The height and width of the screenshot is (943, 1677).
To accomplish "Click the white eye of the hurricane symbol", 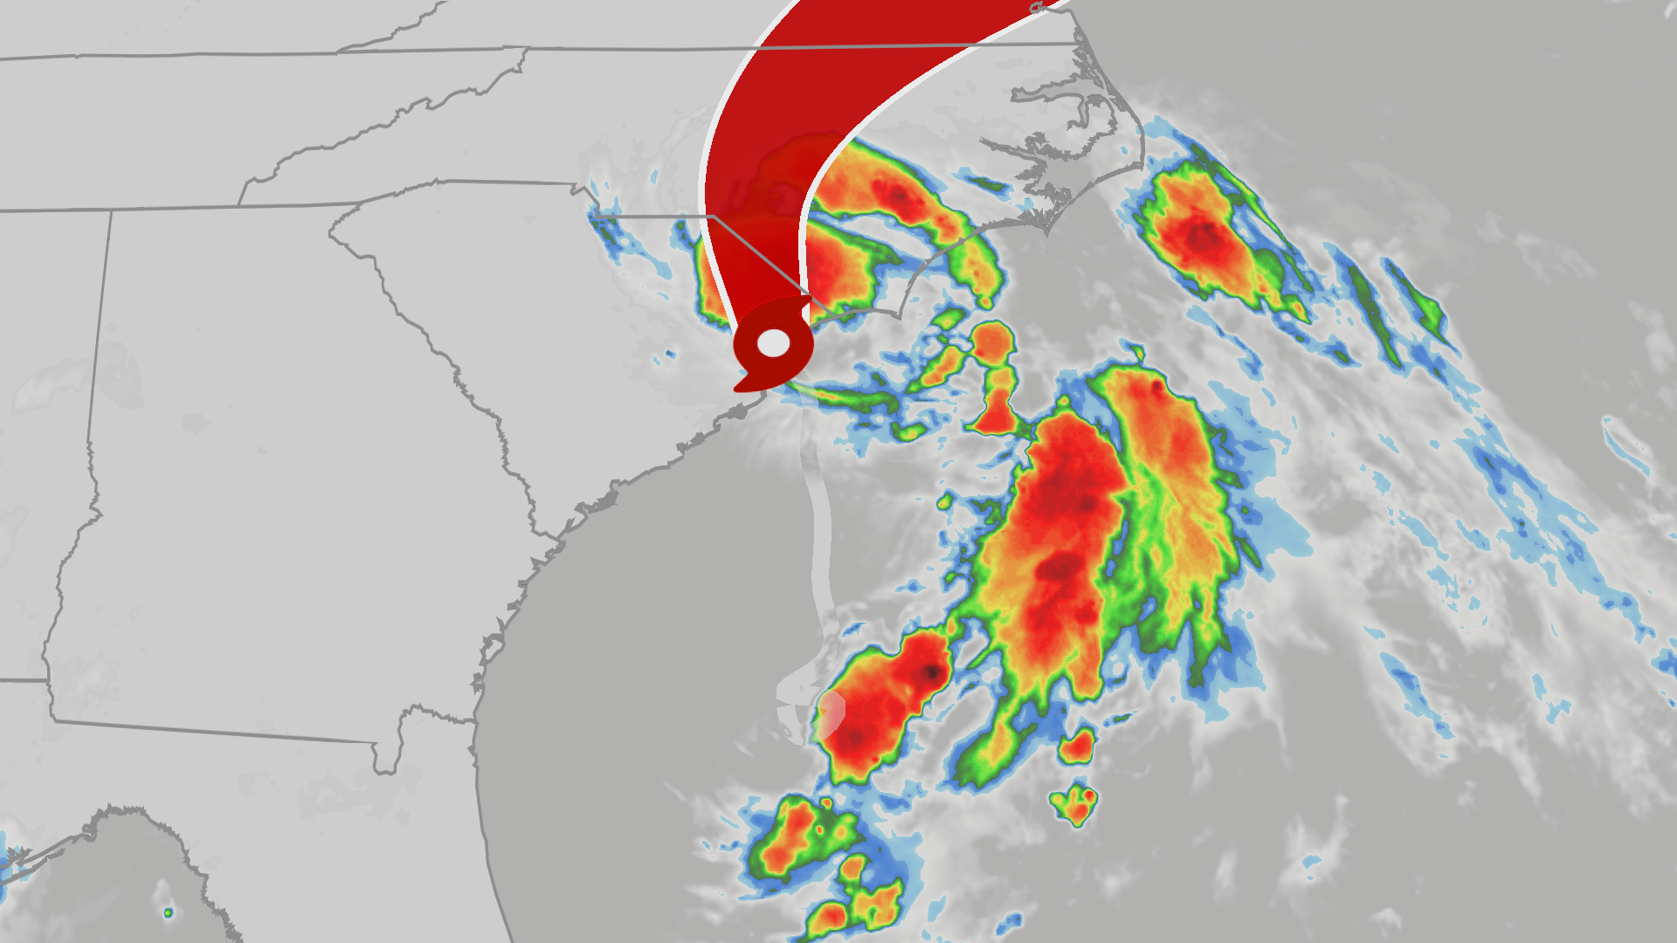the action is pos(773,343).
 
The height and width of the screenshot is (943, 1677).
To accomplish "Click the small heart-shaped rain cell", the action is pos(1074,804).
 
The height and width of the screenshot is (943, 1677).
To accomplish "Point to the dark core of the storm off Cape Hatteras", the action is pos(1204,236).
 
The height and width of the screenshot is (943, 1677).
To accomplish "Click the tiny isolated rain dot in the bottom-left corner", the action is pos(168,912).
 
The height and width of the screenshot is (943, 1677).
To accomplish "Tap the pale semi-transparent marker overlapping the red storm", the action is pos(832,712).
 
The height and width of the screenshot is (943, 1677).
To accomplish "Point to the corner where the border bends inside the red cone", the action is pos(714,216).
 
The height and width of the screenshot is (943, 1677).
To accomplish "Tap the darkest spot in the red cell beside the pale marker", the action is pos(933,672).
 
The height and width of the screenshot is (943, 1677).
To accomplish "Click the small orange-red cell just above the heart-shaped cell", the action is pos(1077,745).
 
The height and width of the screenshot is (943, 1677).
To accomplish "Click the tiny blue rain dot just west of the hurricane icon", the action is pos(669,353).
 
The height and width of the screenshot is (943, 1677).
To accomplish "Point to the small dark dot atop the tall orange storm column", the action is pos(1157,384).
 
